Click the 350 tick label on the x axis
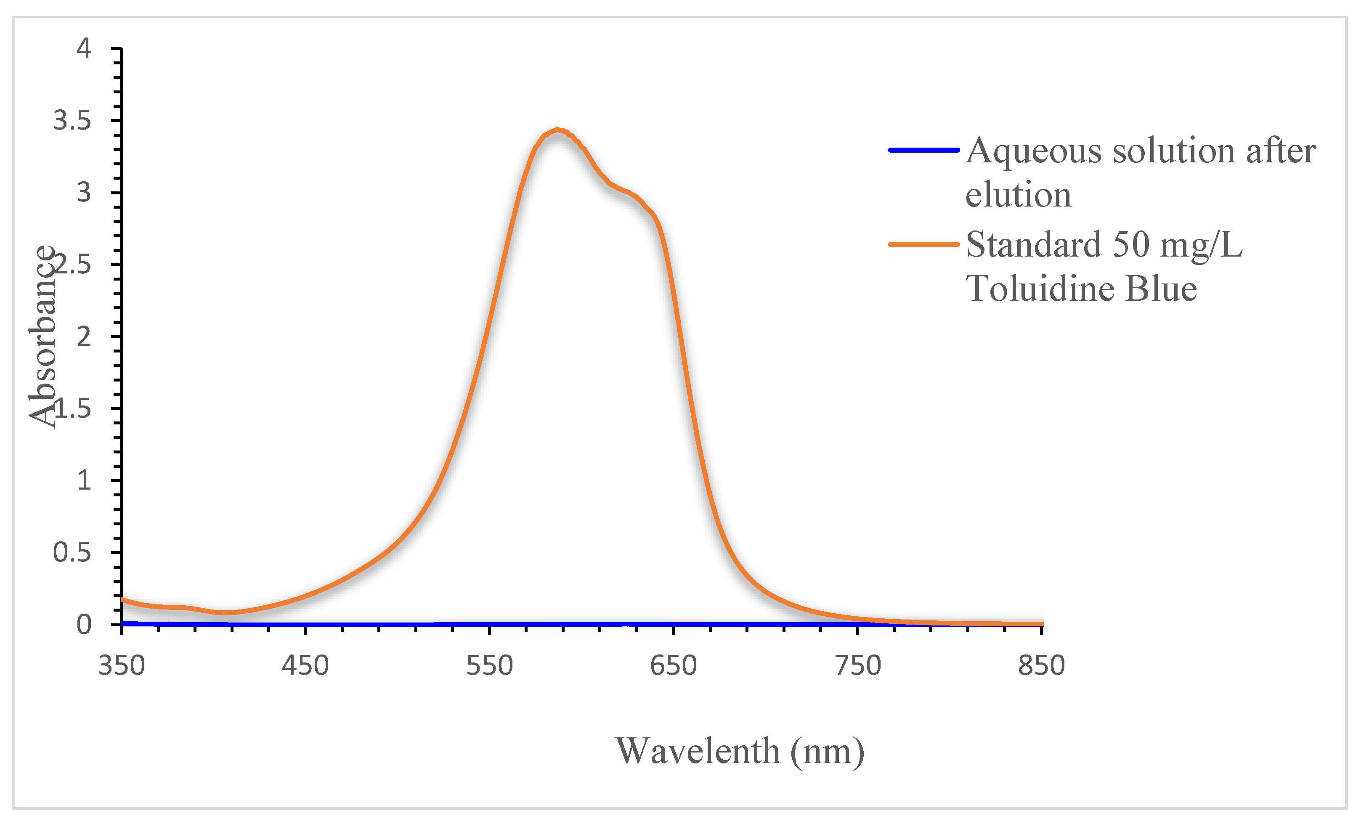[122, 665]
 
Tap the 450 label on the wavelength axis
[305, 665]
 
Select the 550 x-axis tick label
[489, 665]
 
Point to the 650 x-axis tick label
[673, 665]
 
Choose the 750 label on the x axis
[857, 665]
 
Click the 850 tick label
[1041, 665]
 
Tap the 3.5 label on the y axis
[72, 120]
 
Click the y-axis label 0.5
[72, 552]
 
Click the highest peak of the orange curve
[558, 130]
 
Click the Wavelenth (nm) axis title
[740, 751]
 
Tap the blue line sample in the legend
[923, 150]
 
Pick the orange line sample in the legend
[923, 244]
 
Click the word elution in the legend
[1018, 195]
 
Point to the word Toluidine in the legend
[1041, 289]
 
